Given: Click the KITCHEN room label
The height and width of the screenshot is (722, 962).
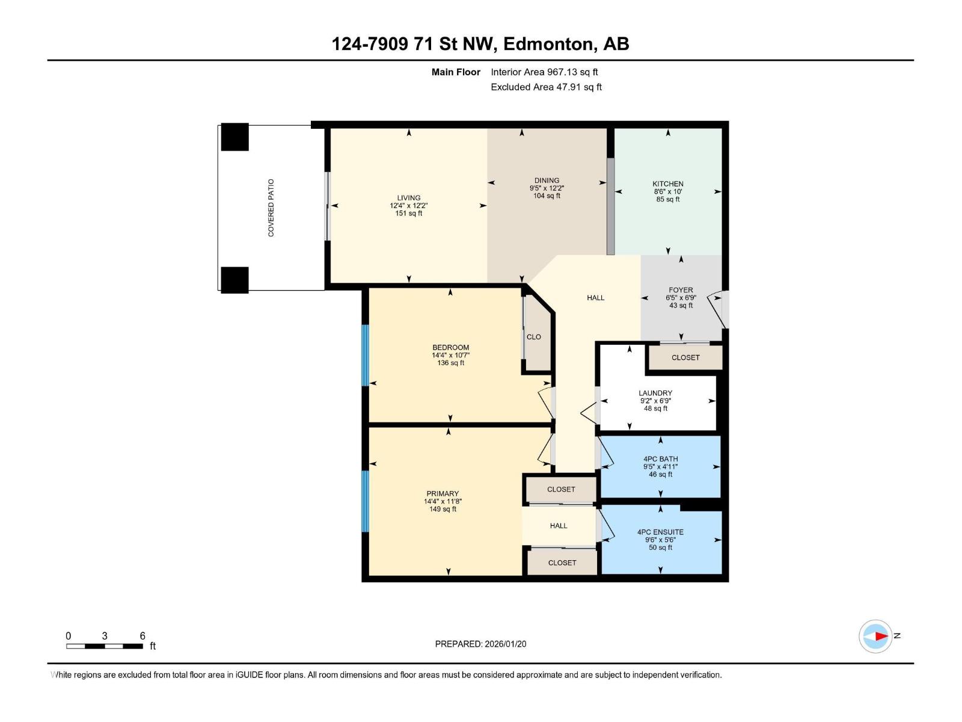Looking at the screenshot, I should pos(667,184).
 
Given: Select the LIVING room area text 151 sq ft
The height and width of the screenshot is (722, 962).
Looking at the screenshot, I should pos(408,214).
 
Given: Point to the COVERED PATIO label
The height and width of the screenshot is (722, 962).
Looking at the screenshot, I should pos(271,208).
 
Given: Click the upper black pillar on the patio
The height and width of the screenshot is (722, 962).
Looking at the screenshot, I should pos(234,137).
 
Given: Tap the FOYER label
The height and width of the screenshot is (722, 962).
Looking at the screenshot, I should pos(681,290).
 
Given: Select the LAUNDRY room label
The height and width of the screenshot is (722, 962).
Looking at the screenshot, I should pos(655,393).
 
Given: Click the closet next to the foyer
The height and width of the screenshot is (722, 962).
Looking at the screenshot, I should pos(685,357).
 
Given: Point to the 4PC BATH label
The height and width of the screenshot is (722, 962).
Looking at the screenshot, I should pos(660,459).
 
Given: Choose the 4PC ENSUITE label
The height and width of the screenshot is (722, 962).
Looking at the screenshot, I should pos(660,532).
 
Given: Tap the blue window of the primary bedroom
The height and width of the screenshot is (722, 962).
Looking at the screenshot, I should pos(365,501).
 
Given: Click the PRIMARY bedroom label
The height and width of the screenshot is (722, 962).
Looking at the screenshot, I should pos(443,494).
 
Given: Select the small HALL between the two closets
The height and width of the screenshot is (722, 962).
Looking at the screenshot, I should pos(559,526).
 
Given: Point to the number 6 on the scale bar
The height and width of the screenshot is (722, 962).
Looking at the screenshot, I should pos(142,636).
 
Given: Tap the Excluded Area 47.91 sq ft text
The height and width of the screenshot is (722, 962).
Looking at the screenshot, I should pos(546,87).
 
